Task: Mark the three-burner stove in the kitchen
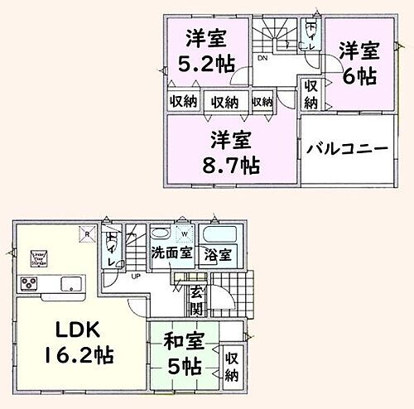click(31, 285)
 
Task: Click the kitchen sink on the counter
click(71, 284)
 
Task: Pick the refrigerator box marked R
click(86, 233)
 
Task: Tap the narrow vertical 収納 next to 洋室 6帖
click(310, 94)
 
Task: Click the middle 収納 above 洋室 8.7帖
click(224, 102)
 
